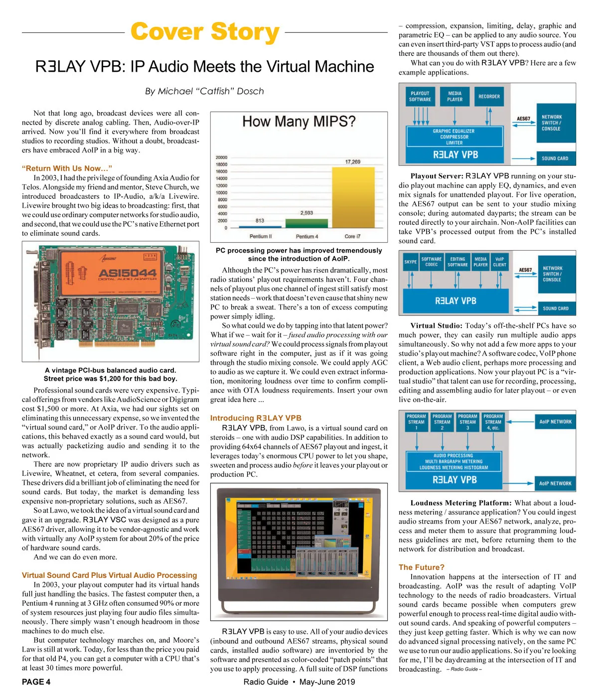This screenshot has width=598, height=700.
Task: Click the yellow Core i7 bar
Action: click(x=353, y=197)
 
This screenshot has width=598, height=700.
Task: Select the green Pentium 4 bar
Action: click(x=306, y=223)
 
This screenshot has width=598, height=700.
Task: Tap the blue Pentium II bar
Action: click(x=260, y=227)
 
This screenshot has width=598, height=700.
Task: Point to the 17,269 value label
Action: click(x=353, y=161)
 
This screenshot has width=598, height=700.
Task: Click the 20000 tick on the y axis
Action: click(x=221, y=157)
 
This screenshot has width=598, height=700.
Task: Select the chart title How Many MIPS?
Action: click(x=299, y=121)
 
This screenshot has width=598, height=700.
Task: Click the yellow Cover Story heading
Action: click(x=205, y=32)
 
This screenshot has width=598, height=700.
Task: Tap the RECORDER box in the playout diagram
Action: click(x=489, y=97)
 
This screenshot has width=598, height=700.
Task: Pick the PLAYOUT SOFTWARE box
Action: click(x=420, y=97)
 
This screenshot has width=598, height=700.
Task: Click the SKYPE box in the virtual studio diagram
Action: click(x=410, y=262)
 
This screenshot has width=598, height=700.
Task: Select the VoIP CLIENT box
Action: click(x=499, y=262)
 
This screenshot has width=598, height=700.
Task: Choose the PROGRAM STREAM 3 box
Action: click(x=467, y=422)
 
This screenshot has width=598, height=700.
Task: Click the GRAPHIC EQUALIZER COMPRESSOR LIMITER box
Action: click(x=454, y=137)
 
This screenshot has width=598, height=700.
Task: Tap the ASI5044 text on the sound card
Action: click(x=128, y=273)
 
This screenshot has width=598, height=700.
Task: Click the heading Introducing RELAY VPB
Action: click(x=256, y=418)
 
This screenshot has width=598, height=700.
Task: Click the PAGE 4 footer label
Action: click(x=36, y=682)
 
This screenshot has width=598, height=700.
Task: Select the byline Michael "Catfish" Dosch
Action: click(x=204, y=91)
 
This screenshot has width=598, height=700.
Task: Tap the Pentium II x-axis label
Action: click(x=260, y=236)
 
